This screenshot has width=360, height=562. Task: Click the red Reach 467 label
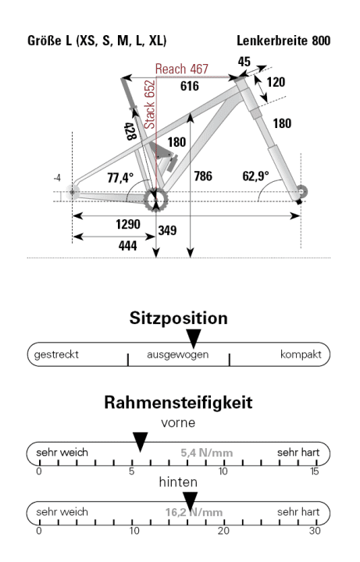coord(181,69)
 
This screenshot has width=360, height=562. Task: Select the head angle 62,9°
coord(255,176)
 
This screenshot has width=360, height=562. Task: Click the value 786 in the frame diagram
coord(202,176)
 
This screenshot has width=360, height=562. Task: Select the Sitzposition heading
coord(179,319)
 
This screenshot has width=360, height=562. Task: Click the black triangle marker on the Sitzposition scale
coord(194,338)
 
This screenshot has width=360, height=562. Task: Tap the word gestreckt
coord(55,354)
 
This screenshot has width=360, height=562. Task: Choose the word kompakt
coord(301,354)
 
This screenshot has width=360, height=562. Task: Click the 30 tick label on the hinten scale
coord(314,530)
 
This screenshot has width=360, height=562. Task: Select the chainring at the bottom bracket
coord(155,199)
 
